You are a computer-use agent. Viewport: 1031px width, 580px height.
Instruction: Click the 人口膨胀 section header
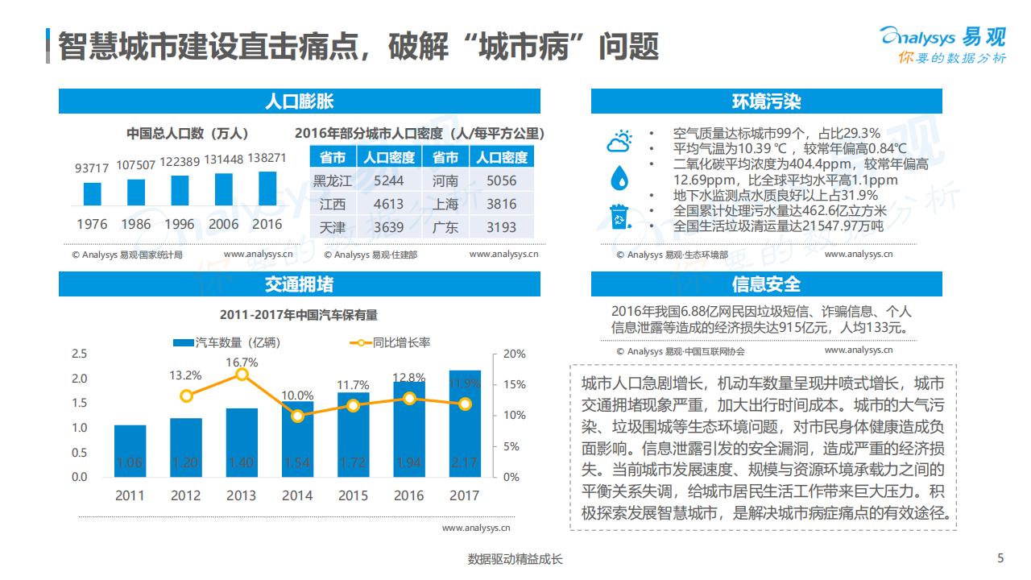(x=299, y=101)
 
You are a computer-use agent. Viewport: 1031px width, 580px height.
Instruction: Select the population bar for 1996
(x=180, y=190)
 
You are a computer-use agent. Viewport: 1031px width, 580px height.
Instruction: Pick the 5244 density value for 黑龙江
(x=388, y=180)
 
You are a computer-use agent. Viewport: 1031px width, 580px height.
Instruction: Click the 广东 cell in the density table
(x=445, y=227)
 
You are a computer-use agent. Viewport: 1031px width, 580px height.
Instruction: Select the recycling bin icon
(x=619, y=216)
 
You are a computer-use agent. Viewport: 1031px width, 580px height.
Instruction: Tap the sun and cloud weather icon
(x=619, y=141)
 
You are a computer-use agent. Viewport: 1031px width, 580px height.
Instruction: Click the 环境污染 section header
(x=766, y=101)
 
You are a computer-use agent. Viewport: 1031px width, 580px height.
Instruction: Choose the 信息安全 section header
(x=766, y=284)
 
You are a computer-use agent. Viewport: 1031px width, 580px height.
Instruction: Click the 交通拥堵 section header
(x=299, y=284)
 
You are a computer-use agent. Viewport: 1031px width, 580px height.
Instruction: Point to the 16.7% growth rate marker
(x=242, y=375)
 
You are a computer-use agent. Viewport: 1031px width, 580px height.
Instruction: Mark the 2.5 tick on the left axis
(x=79, y=354)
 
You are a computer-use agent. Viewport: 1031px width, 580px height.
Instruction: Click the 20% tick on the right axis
(x=514, y=354)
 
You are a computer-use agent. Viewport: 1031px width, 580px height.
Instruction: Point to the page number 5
(x=1000, y=558)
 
